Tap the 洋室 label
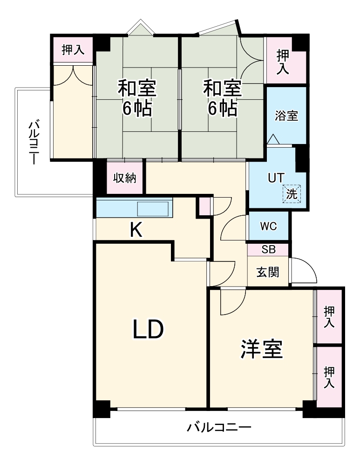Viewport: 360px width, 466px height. click(262, 349)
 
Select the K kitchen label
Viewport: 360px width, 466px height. click(136, 230)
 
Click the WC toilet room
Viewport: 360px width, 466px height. click(268, 226)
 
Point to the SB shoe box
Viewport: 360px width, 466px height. click(268, 250)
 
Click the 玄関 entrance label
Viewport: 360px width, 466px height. click(268, 272)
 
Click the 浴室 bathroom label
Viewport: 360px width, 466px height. click(286, 116)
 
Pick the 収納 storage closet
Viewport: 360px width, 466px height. click(125, 178)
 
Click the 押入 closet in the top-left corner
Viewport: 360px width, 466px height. click(73, 50)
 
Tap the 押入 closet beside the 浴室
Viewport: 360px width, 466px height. click(284, 62)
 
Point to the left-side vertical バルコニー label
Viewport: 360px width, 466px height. click(34, 142)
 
